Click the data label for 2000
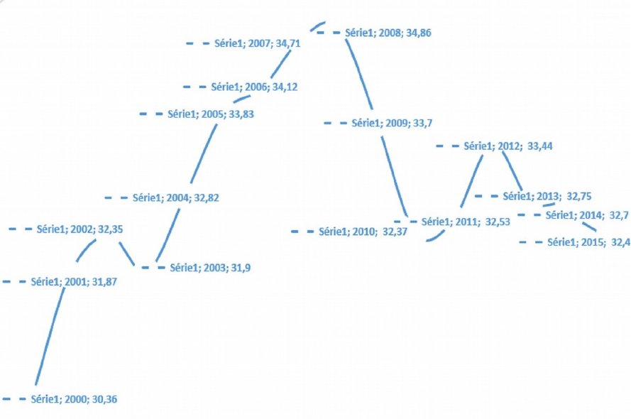pyautogui.click(x=74, y=400)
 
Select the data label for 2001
pyautogui.click(x=74, y=282)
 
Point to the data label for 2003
pyautogui.click(x=209, y=268)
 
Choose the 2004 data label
pyautogui.click(x=176, y=198)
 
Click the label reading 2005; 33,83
pyautogui.click(x=211, y=114)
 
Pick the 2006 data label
pyautogui.click(x=254, y=87)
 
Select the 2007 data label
pyautogui.click(x=257, y=43)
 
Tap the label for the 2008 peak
pyautogui.click(x=388, y=33)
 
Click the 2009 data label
pyautogui.click(x=392, y=124)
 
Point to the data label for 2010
pyautogui.click(x=363, y=232)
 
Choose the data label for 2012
pyautogui.click(x=507, y=146)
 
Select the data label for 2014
pyautogui.click(x=587, y=215)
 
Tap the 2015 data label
pyautogui.click(x=588, y=242)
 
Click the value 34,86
pyautogui.click(x=419, y=33)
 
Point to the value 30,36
pyautogui.click(x=104, y=400)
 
